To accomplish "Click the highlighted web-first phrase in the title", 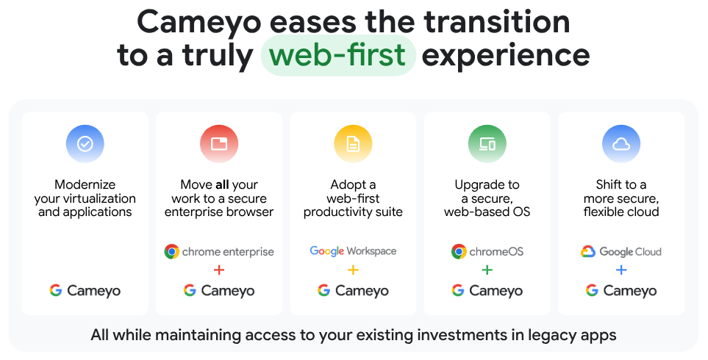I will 338,55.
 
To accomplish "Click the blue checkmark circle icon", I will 85,144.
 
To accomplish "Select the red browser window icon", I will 219,144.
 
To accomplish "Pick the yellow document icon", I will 353,144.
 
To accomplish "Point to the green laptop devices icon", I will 487,144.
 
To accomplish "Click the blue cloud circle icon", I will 621,144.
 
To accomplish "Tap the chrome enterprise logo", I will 219,251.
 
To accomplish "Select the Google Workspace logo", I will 353,251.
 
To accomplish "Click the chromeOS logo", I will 487,251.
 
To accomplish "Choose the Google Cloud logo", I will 621,251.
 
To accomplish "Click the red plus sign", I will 219,270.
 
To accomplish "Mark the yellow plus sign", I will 353,270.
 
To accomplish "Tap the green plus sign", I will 487,270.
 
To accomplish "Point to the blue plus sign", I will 621,270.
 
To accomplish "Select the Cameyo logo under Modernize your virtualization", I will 85,290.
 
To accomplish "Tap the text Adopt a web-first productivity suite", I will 353,198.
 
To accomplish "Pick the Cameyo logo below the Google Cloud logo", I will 621,290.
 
